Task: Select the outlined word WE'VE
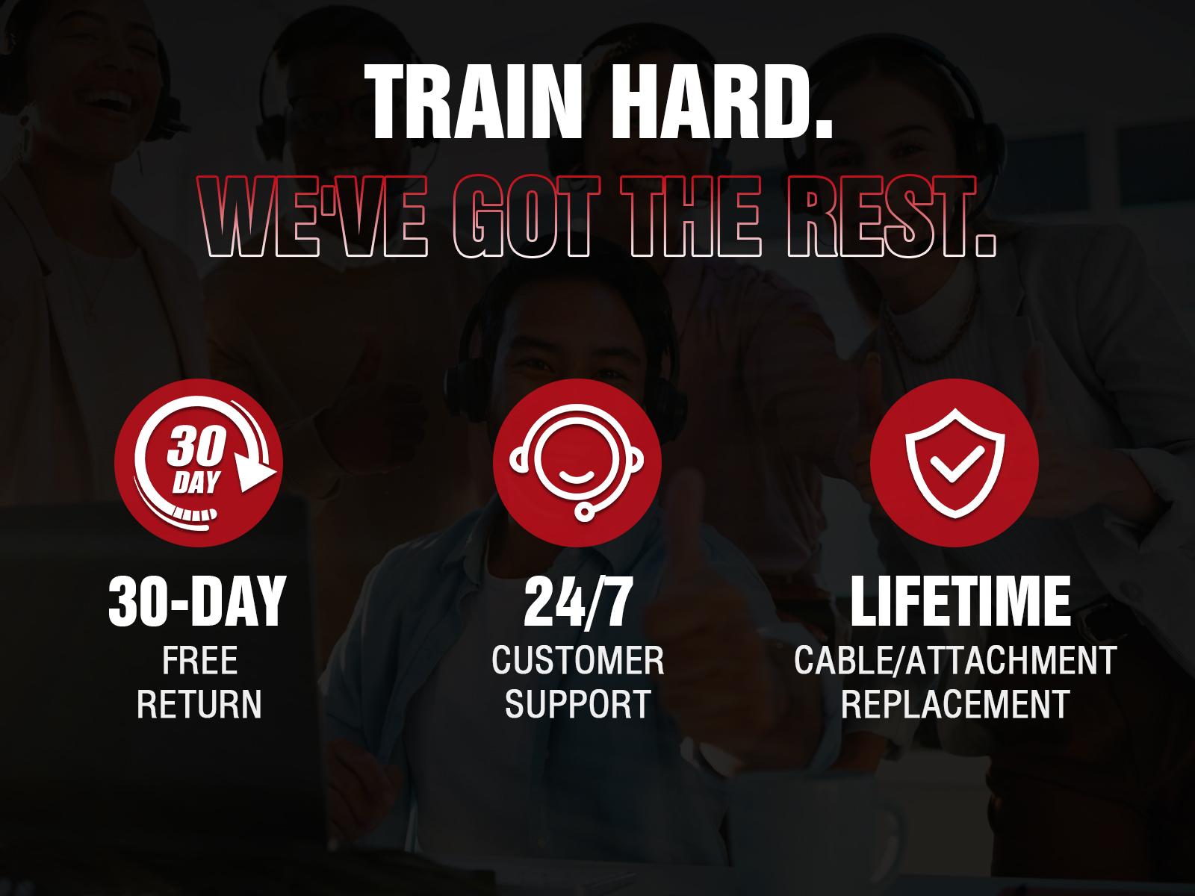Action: tap(313, 216)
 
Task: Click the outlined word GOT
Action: tap(527, 216)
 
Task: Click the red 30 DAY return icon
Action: tap(199, 462)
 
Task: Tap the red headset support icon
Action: tap(577, 462)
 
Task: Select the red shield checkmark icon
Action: tap(955, 462)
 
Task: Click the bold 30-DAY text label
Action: tap(197, 602)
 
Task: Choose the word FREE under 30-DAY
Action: tap(200, 660)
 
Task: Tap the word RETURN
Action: tap(199, 703)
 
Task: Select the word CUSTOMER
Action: tap(577, 660)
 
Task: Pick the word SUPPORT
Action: tap(577, 703)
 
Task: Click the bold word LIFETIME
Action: tap(960, 601)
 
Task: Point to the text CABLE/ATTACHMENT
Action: tap(955, 660)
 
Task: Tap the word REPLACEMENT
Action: tap(955, 703)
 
